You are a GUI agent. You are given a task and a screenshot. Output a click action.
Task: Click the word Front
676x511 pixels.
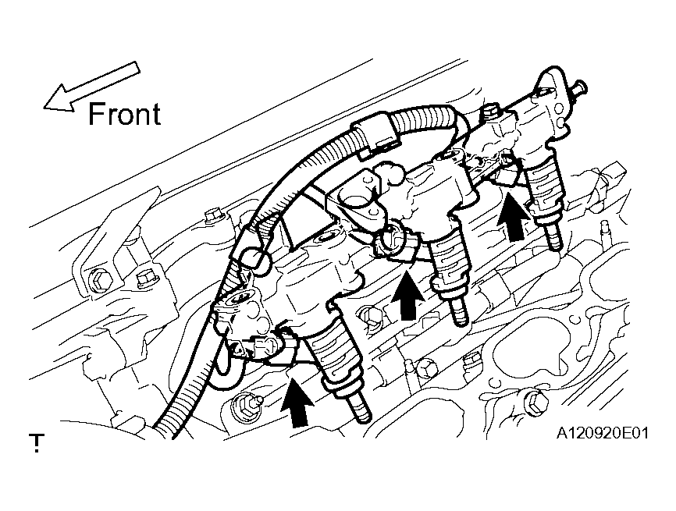[x=124, y=114]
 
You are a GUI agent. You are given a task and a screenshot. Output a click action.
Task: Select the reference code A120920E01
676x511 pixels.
[x=603, y=432]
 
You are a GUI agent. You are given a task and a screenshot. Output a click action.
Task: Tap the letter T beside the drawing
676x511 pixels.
[x=37, y=442]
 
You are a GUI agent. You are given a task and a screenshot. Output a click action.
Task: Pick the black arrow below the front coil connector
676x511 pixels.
[x=298, y=402]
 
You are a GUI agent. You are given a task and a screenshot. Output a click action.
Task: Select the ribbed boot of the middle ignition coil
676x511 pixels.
[x=448, y=266]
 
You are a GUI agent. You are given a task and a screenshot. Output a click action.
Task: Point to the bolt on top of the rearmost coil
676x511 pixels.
[x=489, y=111]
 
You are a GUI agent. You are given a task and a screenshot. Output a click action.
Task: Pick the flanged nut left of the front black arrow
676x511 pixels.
[x=246, y=403]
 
